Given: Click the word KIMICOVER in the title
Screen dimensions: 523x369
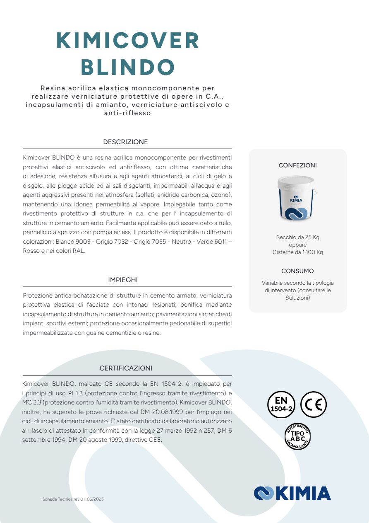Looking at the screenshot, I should pos(127,41).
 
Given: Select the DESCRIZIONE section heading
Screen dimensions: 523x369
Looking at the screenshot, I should pos(125,142).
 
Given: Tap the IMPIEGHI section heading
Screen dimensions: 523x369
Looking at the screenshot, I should pos(123,280).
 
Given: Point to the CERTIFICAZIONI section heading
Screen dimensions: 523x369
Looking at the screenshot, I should pos(126,368).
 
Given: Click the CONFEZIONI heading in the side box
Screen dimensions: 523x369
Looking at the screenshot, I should pos(297,165).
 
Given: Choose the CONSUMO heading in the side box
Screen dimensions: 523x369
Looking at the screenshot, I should pos(297,271).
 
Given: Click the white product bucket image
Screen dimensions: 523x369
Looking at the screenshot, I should pos(297,198).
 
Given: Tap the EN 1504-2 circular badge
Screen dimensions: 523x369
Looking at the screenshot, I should pos(281,404).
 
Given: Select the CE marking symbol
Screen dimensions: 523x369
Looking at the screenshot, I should pos(313,404).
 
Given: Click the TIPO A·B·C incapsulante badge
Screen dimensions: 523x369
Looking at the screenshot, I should pos(297,436).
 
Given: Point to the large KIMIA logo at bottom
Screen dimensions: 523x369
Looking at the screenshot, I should pos(292,493).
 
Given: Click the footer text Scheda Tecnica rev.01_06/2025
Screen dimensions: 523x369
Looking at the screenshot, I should pos(73,499).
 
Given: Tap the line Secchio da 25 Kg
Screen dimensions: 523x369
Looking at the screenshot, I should pos(297,237).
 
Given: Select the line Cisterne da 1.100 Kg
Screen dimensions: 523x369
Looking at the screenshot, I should pos(297,252).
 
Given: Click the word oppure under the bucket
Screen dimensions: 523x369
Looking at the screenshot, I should pos(297,245).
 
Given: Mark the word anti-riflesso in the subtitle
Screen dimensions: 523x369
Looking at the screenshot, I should pos(127,113).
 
